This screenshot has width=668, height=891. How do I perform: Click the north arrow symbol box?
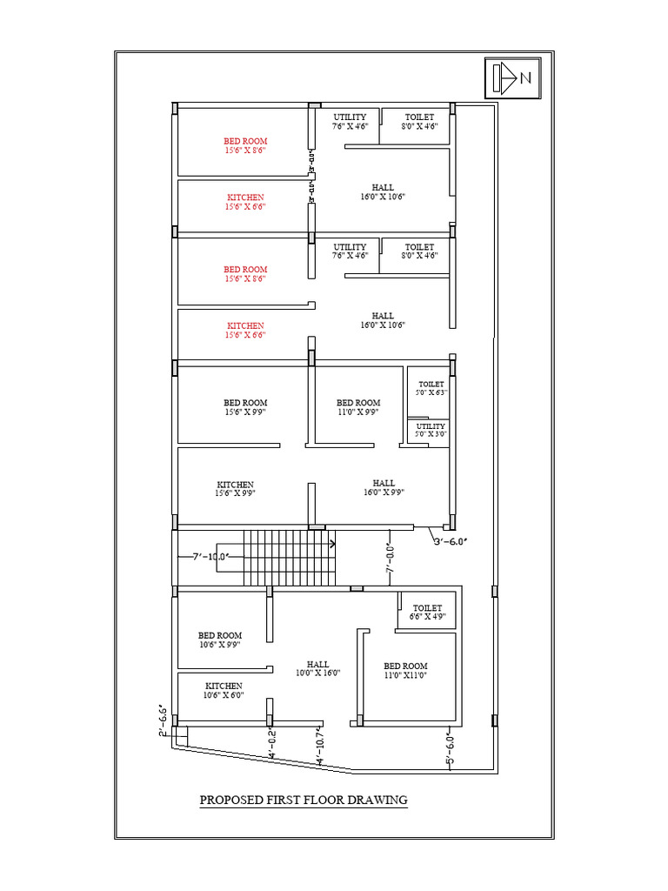click(511, 78)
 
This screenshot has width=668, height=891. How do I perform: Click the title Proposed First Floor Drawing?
click(304, 800)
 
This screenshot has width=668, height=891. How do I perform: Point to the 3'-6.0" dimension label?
click(451, 541)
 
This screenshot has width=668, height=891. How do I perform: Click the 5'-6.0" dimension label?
click(450, 749)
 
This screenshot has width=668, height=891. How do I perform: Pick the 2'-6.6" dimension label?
click(163, 720)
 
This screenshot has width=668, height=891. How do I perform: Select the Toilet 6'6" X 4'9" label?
click(427, 613)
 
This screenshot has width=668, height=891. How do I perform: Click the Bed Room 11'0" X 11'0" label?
click(406, 670)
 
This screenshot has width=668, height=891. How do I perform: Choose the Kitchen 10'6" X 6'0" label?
click(224, 690)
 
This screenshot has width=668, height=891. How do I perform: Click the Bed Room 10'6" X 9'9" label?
click(220, 640)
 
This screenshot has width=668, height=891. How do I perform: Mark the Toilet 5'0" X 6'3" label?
click(431, 388)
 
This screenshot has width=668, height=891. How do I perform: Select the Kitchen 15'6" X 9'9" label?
click(235, 488)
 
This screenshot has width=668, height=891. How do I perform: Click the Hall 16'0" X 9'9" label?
click(384, 487)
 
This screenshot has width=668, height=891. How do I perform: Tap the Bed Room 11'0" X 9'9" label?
click(358, 407)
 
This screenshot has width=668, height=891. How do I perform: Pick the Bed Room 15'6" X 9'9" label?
click(245, 407)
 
